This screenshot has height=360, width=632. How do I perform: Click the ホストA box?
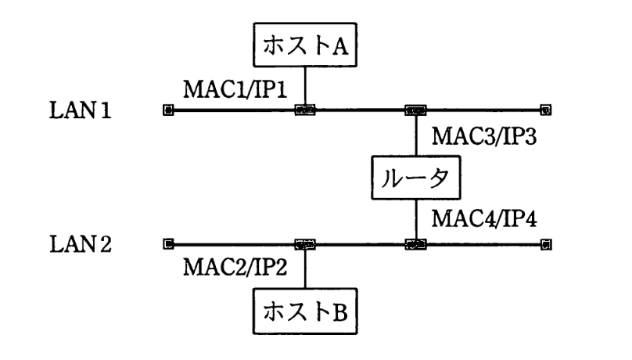[304, 49]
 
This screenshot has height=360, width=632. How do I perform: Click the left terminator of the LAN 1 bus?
[167, 110]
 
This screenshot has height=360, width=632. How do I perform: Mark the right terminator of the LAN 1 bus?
[545, 110]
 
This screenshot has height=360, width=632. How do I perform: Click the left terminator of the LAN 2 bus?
[167, 244]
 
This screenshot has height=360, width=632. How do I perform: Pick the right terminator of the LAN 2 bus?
[545, 244]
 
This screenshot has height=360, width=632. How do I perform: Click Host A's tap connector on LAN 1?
[304, 110]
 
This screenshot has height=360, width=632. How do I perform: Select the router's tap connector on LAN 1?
[415, 110]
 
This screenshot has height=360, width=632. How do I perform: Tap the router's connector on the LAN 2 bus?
[415, 244]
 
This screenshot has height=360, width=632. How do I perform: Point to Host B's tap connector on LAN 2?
[304, 244]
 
